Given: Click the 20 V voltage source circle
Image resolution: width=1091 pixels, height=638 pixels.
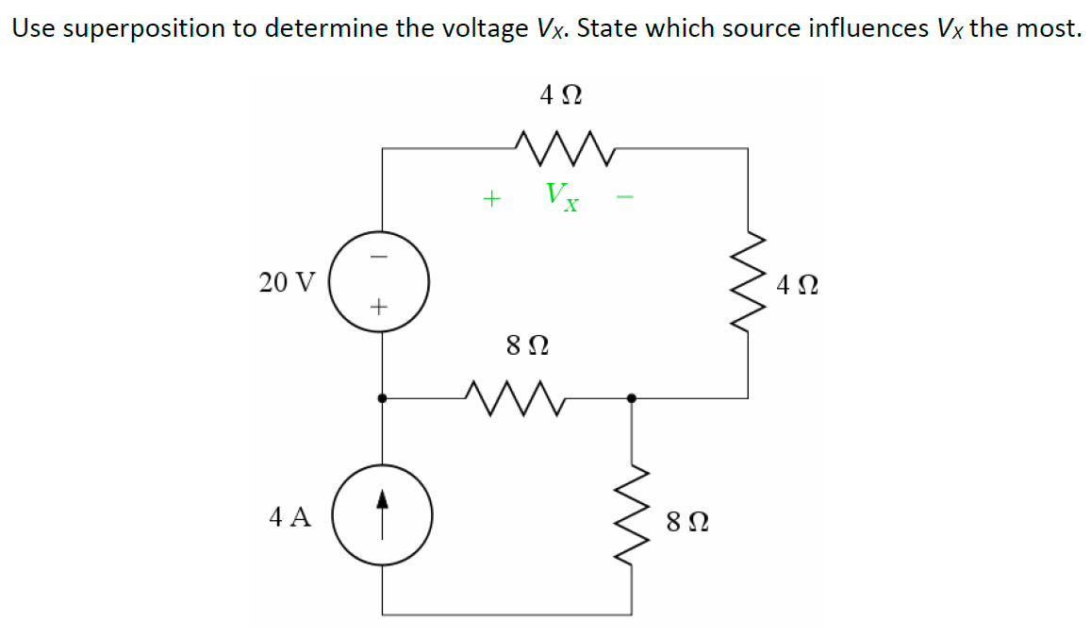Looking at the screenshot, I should click(381, 281).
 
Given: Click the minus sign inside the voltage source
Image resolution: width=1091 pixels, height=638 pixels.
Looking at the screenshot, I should click(381, 256).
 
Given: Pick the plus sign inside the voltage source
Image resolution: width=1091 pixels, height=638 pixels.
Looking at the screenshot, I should click(380, 307).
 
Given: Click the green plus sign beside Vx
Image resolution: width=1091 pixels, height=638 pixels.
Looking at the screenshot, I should click(490, 198).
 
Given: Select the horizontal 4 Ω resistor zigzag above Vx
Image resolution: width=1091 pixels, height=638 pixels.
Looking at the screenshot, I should click(566, 147).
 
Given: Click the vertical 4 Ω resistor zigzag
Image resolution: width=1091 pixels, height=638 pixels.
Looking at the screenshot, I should click(750, 281).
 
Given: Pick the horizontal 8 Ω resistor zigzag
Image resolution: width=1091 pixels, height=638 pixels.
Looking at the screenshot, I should click(515, 398).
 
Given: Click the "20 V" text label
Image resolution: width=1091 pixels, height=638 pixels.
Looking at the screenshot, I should click(288, 281).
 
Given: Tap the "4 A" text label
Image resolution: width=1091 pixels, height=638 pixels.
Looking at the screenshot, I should click(289, 516).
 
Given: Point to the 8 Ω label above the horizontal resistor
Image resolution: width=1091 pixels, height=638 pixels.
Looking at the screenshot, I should click(527, 345).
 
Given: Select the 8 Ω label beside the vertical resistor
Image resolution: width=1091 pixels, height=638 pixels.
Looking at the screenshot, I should click(687, 520).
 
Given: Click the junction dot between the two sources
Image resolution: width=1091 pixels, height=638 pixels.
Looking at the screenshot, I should click(381, 398).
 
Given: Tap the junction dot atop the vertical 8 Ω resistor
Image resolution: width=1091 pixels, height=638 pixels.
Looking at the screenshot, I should click(632, 398).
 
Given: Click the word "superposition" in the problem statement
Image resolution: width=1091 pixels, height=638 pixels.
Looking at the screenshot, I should click(161, 29).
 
